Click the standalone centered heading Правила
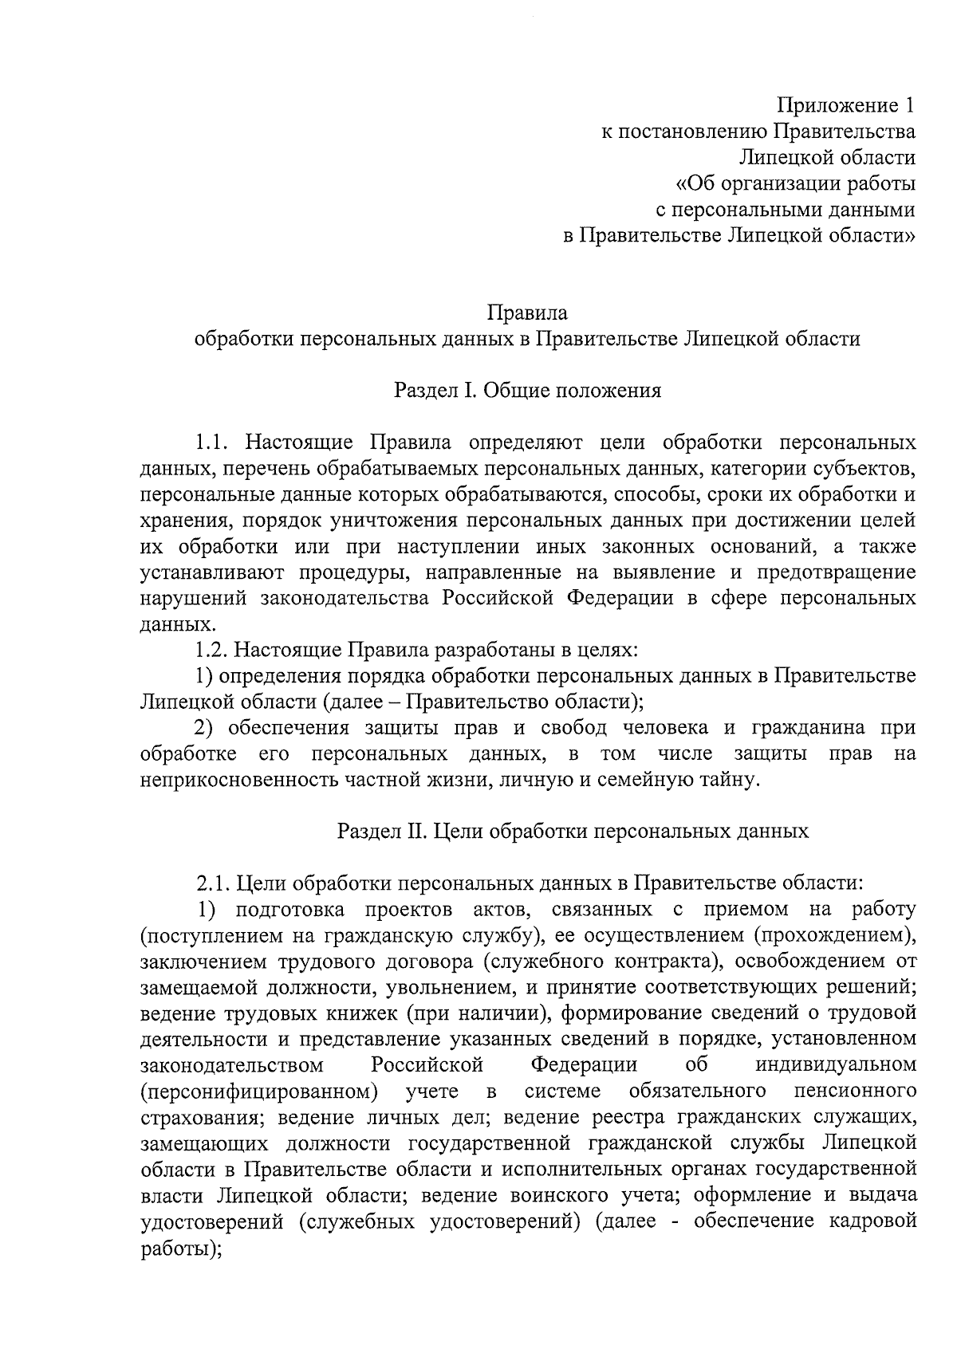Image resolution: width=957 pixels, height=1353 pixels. pyautogui.click(x=527, y=312)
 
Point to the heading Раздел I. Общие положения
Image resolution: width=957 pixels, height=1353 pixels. pyautogui.click(x=527, y=391)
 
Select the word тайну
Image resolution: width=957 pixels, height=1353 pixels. pyautogui.click(x=723, y=780)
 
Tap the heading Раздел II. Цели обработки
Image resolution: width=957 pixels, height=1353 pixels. pyautogui.click(x=573, y=832)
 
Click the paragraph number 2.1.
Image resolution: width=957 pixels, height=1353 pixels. pyautogui.click(x=214, y=883)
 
